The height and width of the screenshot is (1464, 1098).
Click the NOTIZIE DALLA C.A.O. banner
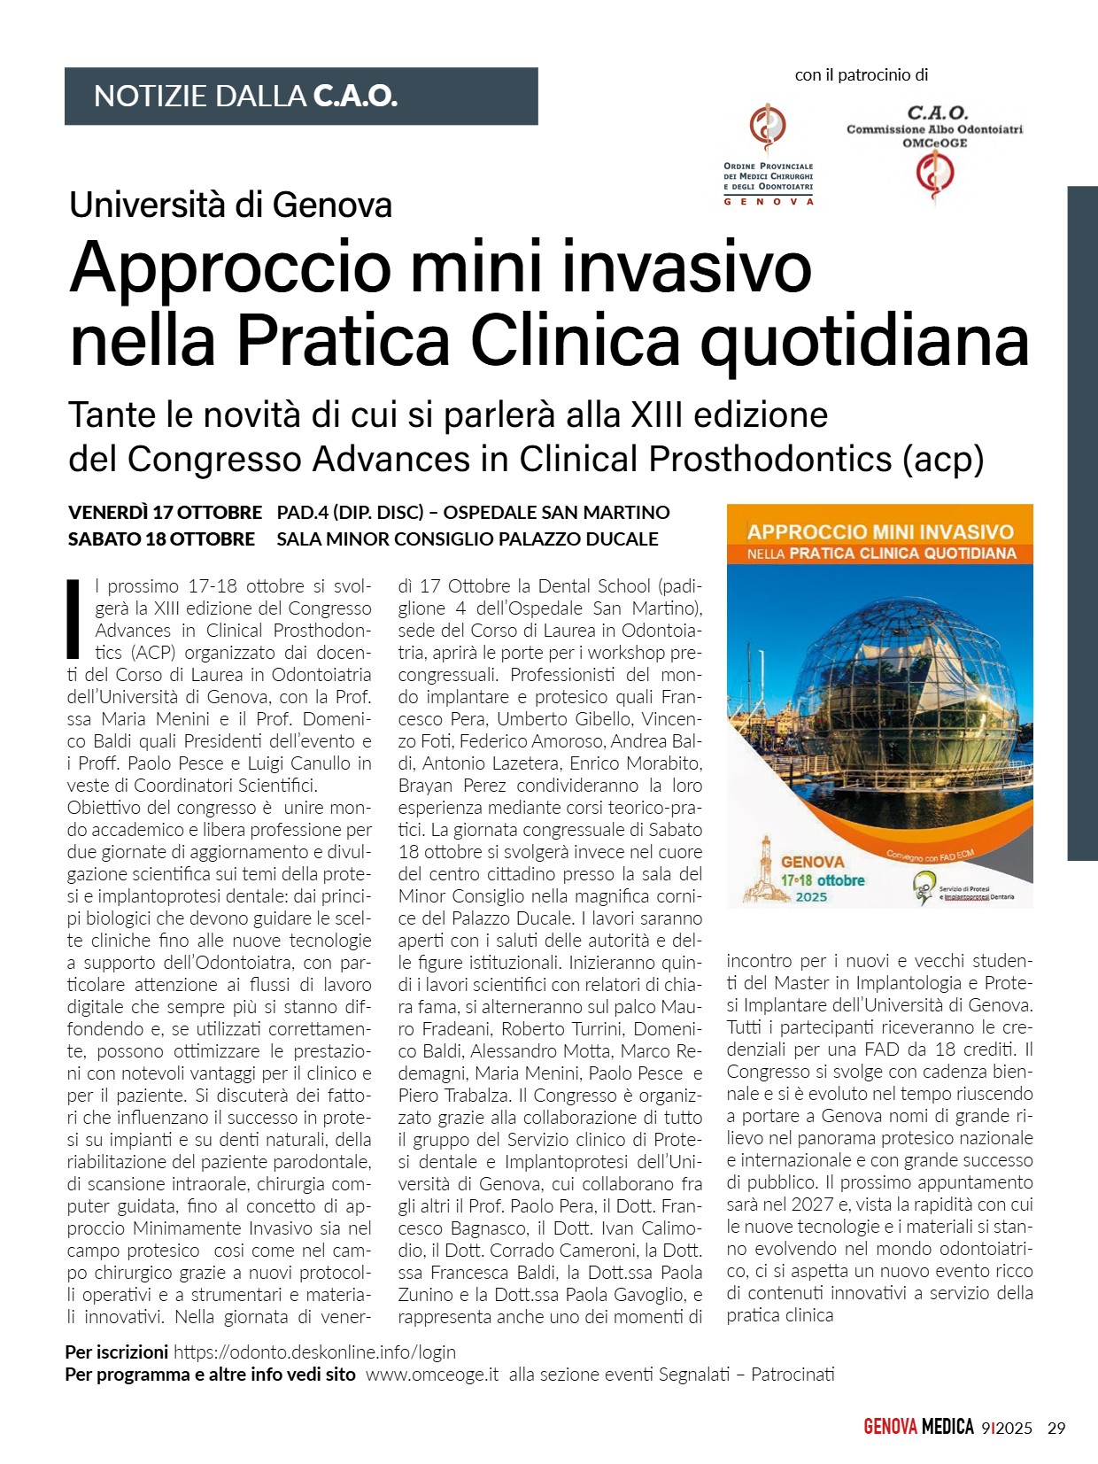pos(301,96)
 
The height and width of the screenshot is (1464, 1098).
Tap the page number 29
pos(1056,1428)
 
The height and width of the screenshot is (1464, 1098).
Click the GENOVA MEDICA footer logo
pos(918,1427)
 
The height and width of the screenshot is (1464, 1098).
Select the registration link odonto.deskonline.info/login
pos(314,1352)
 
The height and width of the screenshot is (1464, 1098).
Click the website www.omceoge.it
pos(432,1375)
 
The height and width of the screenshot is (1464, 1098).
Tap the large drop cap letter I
pos(74,618)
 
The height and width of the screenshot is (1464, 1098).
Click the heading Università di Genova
pos(230,205)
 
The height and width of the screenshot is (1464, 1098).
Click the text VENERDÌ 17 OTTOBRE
pos(165,512)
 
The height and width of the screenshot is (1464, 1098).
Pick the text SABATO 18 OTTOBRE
pos(161,538)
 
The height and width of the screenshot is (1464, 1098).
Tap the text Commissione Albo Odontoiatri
pos(934,129)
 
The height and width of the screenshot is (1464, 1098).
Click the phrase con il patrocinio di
pos(861,75)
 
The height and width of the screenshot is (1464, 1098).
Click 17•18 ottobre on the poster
pos(822,880)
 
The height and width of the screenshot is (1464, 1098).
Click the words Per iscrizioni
pos(116,1352)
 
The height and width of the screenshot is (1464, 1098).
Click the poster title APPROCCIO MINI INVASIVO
pos(879,531)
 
